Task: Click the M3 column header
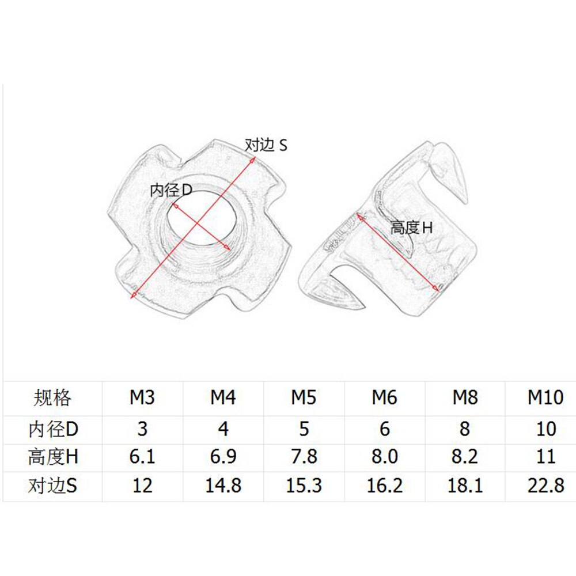pyautogui.click(x=142, y=398)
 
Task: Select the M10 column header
pyautogui.click(x=545, y=398)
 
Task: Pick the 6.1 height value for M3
pyautogui.click(x=142, y=457)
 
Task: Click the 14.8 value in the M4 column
pyautogui.click(x=223, y=486)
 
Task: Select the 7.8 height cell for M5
pyautogui.click(x=304, y=457)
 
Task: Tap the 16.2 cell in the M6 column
pyautogui.click(x=385, y=486)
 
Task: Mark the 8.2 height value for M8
pyautogui.click(x=465, y=457)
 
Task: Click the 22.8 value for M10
pyautogui.click(x=545, y=486)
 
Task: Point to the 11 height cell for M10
pyautogui.click(x=545, y=457)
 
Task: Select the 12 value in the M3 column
pyautogui.click(x=142, y=486)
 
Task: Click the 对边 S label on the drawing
pyautogui.click(x=266, y=145)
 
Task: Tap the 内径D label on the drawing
pyautogui.click(x=170, y=191)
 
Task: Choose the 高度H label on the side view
pyautogui.click(x=411, y=228)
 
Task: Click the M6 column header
pyautogui.click(x=385, y=398)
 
